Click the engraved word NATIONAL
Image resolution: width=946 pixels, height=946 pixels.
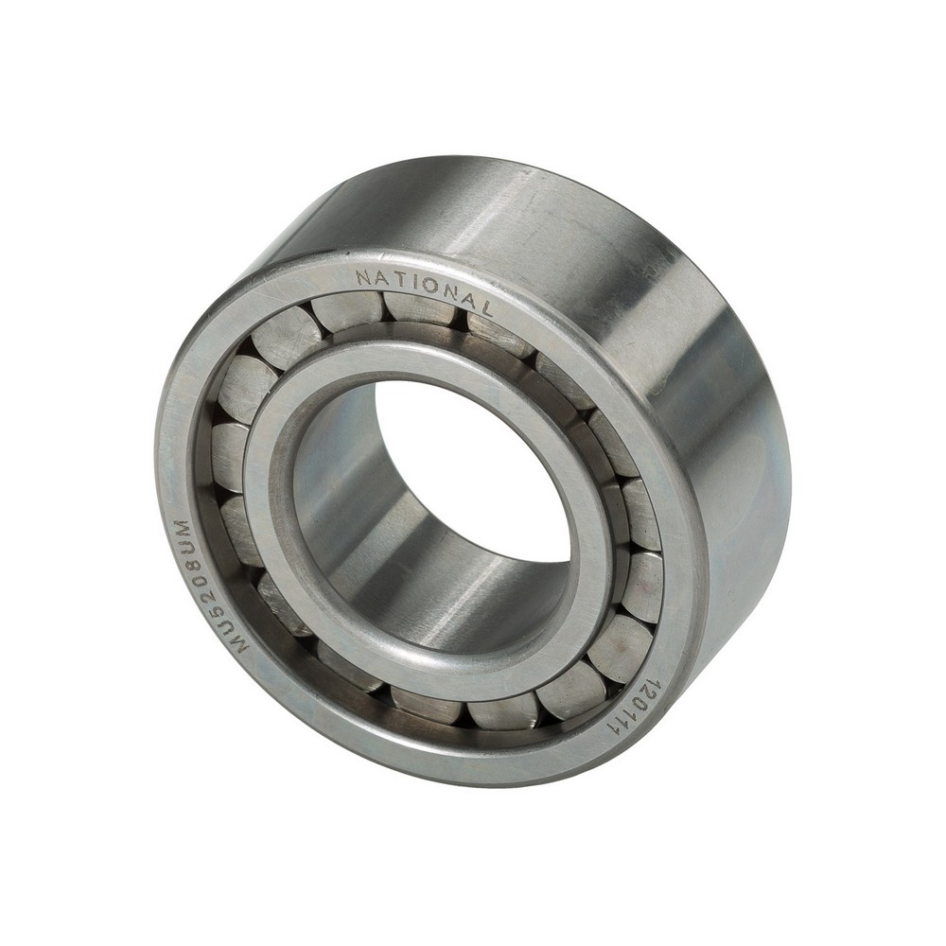pos(425,289)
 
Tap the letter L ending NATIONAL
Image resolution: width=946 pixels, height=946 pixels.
pos(486,307)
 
